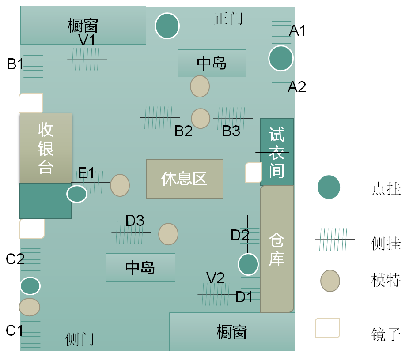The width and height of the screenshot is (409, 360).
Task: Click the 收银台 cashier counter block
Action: [45, 148]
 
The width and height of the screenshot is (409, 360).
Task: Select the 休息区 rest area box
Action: [185, 179]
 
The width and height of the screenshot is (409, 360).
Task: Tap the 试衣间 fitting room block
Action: [276, 152]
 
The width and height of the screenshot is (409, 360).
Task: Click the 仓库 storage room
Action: [277, 249]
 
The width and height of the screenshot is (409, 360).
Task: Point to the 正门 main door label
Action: [228, 19]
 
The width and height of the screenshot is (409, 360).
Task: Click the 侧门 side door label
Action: [80, 339]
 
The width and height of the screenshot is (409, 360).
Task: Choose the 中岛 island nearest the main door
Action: [212, 63]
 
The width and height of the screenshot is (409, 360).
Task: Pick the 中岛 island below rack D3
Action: [140, 267]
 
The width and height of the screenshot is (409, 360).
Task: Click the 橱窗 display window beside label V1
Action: [83, 25]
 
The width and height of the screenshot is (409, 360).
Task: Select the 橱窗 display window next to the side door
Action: [232, 332]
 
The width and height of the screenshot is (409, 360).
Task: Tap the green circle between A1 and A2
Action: [281, 58]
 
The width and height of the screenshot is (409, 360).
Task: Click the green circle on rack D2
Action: [248, 264]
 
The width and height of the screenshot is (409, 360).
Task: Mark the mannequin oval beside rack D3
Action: [168, 234]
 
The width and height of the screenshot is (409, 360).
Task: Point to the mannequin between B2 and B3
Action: [201, 118]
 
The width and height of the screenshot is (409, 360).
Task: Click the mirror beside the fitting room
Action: [254, 172]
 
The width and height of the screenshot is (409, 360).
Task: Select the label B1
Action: [15, 64]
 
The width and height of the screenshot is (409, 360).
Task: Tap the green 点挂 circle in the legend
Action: [329, 187]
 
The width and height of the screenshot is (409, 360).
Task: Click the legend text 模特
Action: [386, 280]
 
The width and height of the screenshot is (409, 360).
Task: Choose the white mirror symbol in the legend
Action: [327, 328]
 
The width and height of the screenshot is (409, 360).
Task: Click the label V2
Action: [216, 278]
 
